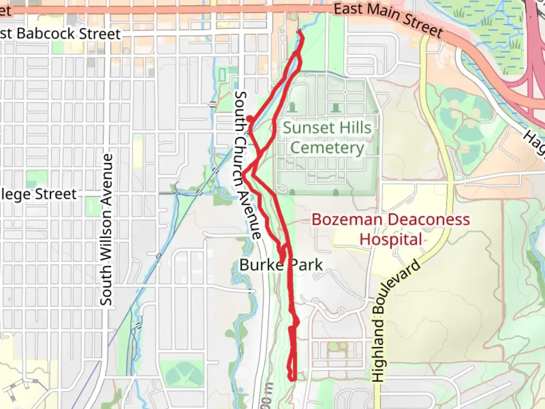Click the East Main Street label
pos(388,19)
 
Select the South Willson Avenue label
pos(106,229)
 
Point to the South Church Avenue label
pos(248,165)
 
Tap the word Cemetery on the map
pos(327,148)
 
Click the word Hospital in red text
pos(391,240)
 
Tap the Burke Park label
pos(281,265)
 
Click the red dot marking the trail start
pos(250,119)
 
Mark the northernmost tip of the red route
pos(300,31)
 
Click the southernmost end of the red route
pos(292,379)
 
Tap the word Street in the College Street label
pos(56,194)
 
